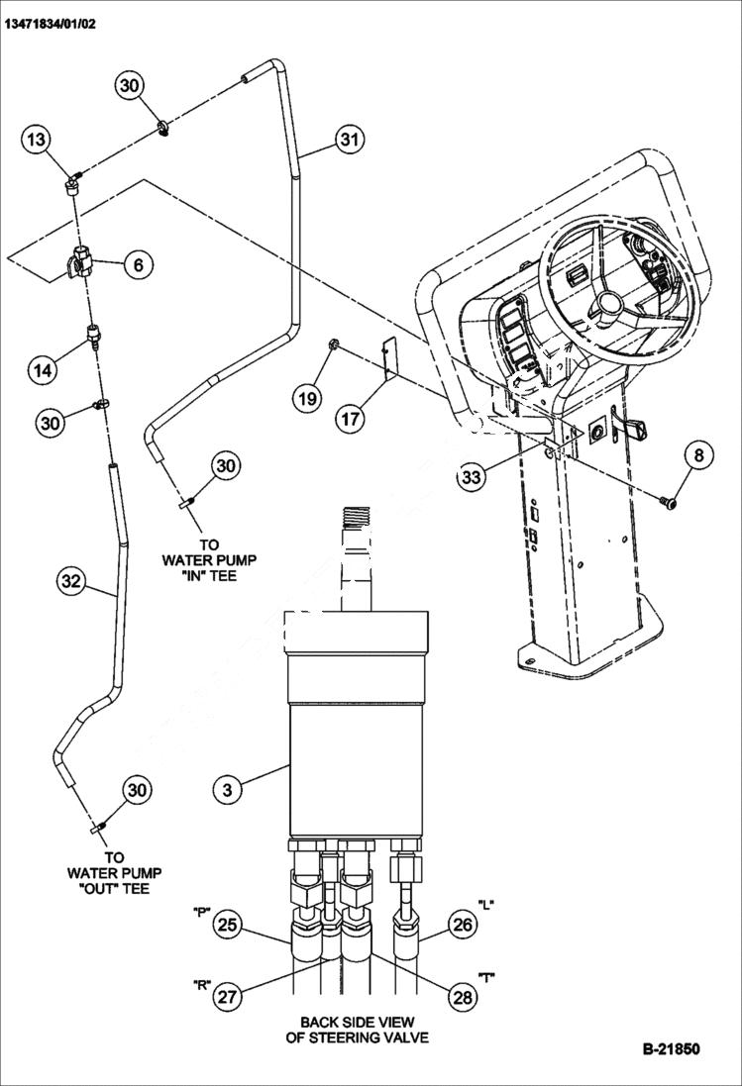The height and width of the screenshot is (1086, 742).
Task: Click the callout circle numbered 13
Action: pos(37,141)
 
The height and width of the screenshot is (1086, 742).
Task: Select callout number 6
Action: pos(138,264)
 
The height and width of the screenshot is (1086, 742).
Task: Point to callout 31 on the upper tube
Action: pos(347,140)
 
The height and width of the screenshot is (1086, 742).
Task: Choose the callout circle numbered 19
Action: pos(307,398)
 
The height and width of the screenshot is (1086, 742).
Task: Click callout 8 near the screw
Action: pos(698,455)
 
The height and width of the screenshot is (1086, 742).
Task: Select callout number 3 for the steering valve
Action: pos(228,789)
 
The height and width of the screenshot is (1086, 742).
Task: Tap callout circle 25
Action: pos(228,926)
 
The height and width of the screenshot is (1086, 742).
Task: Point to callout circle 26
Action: pos(462,926)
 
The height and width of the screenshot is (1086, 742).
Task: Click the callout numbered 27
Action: pos(228,997)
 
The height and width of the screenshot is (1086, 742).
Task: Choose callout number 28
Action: pos(462,997)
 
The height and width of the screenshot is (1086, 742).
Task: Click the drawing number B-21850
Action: pos(671,1048)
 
